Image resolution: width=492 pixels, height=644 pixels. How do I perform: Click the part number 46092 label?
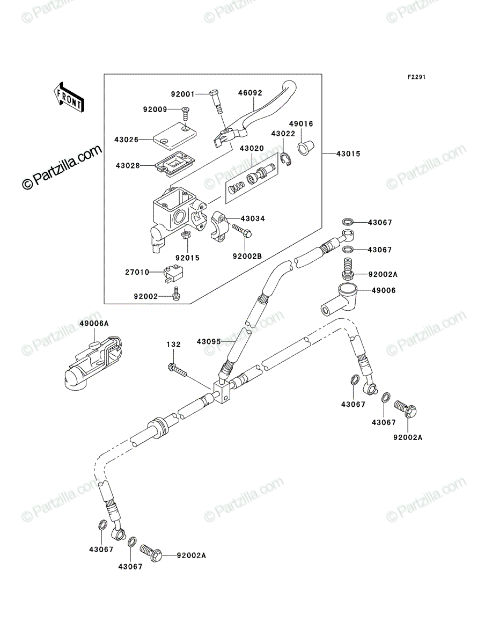pos(250,93)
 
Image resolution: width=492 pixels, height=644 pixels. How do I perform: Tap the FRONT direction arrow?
pos(69,97)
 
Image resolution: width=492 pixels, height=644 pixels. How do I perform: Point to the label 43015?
pos(348,153)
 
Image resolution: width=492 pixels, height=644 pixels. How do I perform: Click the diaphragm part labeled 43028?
pos(173,165)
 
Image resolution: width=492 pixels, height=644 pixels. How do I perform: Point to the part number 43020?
pos(252,149)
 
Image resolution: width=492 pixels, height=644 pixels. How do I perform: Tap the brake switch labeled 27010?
pos(173,274)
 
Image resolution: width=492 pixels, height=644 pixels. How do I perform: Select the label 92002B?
pos(247,257)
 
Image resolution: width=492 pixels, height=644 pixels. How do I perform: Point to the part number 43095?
pos(209,341)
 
